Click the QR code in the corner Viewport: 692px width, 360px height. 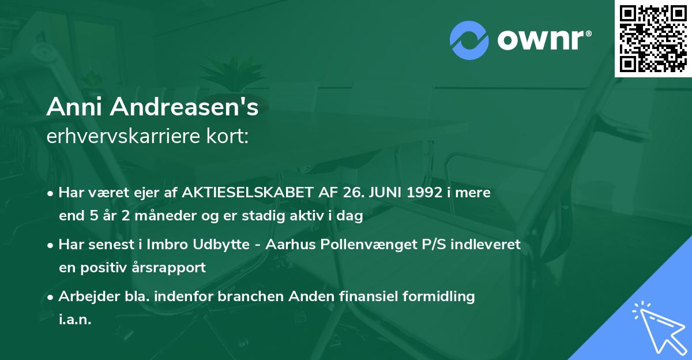tap(653, 39)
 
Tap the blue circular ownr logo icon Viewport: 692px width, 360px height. tap(470, 40)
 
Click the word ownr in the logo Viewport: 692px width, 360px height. tap(543, 40)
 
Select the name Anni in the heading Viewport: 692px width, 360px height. tap(71, 107)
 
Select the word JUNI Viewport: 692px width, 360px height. tap(382, 193)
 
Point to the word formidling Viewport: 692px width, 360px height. tap(437, 297)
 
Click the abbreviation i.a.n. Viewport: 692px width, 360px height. tap(75, 320)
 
